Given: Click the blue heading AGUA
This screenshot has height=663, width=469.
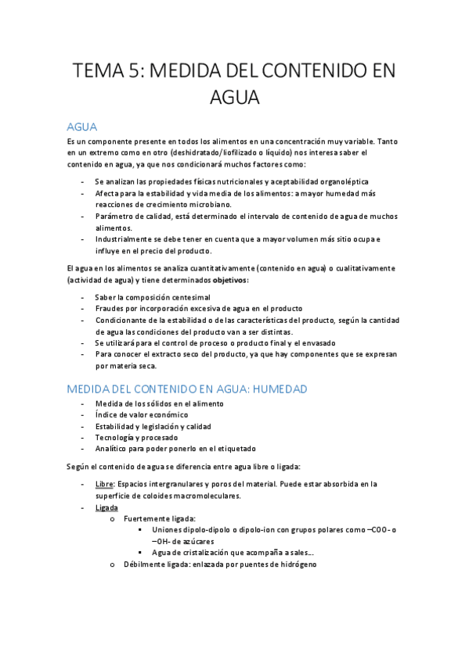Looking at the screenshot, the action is (81, 127).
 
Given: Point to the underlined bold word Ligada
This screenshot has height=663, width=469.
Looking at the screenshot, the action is (106, 507).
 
